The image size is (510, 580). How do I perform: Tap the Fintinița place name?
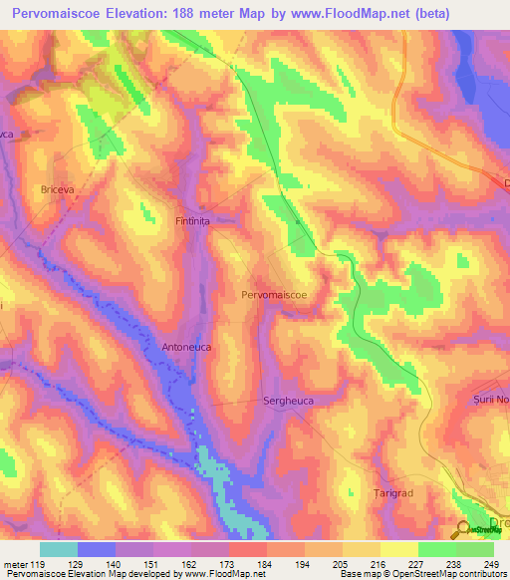pos(196,221)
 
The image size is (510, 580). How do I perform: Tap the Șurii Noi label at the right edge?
pos(489,399)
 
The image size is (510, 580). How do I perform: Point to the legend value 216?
pos(382,564)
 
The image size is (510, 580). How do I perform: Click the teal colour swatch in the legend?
pos(59,549)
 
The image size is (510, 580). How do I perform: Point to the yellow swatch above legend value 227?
pos(398,549)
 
